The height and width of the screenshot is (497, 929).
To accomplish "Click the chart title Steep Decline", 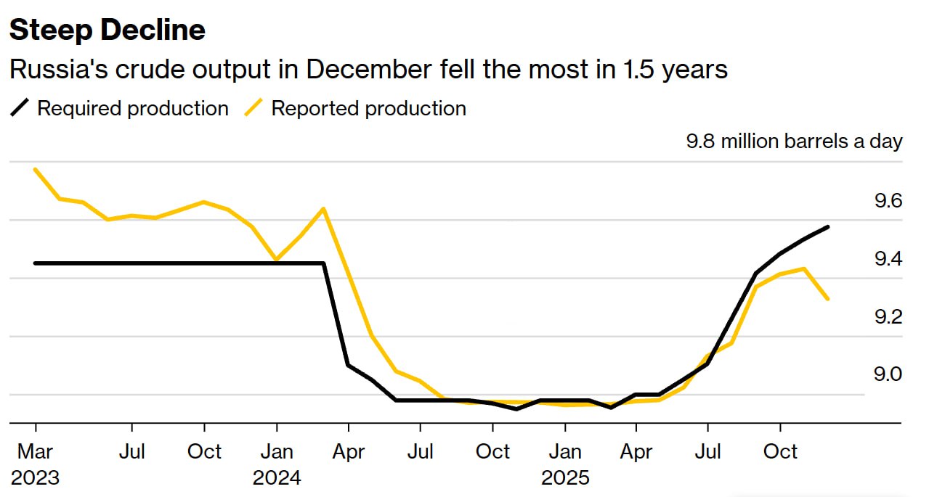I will coord(107,30).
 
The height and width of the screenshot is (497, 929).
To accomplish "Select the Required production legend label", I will coord(133,109).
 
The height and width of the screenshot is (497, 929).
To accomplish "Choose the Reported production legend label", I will coord(369,109).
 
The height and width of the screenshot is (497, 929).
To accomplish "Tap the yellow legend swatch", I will coord(252,109).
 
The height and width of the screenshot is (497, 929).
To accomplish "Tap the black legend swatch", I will coord(20,109).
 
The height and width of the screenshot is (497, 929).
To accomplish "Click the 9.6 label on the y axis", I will coord(888,201).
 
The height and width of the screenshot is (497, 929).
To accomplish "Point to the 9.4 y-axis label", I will coord(888,259).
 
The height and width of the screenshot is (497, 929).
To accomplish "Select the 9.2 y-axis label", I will coord(888,317).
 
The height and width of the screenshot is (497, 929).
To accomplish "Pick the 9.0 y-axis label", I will coord(888,374).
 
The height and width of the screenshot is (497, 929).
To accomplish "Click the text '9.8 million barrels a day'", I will coord(794,141).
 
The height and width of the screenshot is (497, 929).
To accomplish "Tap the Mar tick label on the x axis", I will coord(35,451).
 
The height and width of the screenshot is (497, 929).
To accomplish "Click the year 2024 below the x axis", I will coord(277,478).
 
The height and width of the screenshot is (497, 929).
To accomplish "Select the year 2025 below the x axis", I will coord(565,478).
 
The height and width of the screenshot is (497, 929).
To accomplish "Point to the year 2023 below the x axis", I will coord(35,478).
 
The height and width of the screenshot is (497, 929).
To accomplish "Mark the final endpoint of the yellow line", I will coord(828,298).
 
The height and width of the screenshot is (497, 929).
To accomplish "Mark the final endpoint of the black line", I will coord(828,227).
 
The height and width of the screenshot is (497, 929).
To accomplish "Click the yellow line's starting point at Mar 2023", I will coord(35,169).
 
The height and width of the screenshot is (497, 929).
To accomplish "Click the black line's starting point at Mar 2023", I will coord(35,263).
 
